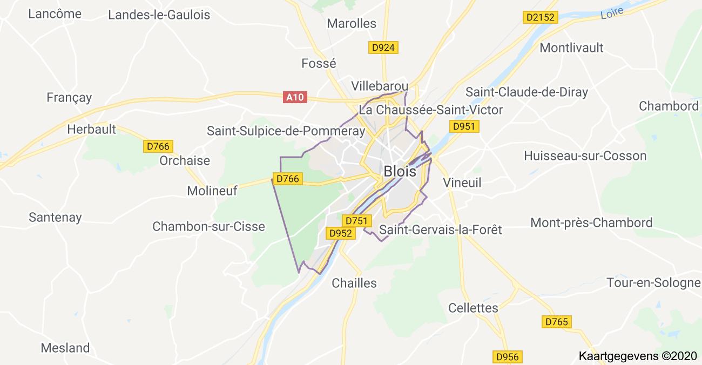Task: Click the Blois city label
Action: coord(400,172)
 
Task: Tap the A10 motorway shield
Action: coord(295,97)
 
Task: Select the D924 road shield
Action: coord(383,48)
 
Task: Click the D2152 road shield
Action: coord(541,18)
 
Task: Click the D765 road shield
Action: coord(557,322)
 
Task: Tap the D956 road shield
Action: coord(507,356)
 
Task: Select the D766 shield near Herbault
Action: coord(158,146)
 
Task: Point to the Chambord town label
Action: coord(669,106)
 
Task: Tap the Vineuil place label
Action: coord(462,182)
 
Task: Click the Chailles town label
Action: coord(354,283)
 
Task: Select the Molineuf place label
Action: coord(212,191)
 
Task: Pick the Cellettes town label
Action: coord(473,308)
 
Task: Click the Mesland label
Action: coord(65,348)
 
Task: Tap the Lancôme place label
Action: coord(55,14)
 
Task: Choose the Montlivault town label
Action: coord(572,48)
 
